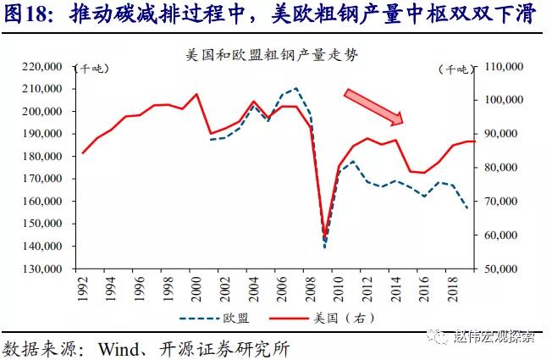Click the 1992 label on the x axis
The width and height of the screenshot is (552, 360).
83,289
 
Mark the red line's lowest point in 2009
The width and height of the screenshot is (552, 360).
324,234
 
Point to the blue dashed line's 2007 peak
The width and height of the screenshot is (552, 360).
295,88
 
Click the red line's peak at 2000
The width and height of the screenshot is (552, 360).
196,94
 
